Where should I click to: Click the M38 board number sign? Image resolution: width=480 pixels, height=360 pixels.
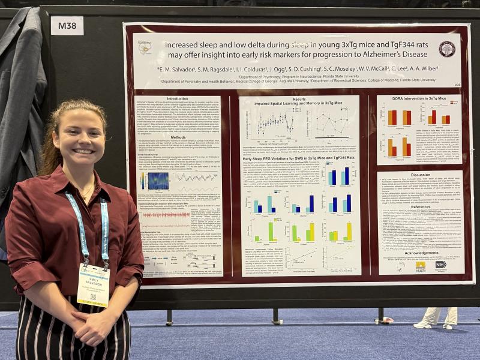67,25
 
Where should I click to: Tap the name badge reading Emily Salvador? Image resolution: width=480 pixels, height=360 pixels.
94,284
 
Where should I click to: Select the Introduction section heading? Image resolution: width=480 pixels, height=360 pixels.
178,99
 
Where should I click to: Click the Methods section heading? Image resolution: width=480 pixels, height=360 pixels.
178,137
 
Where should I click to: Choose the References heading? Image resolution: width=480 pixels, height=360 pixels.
421,207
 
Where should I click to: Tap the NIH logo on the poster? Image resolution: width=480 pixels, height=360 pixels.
440,265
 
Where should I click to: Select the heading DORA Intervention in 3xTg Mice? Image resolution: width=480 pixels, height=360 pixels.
421,98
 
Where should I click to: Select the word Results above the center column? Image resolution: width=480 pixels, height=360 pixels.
299,98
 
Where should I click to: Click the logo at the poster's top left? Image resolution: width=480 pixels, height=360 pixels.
145,47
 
